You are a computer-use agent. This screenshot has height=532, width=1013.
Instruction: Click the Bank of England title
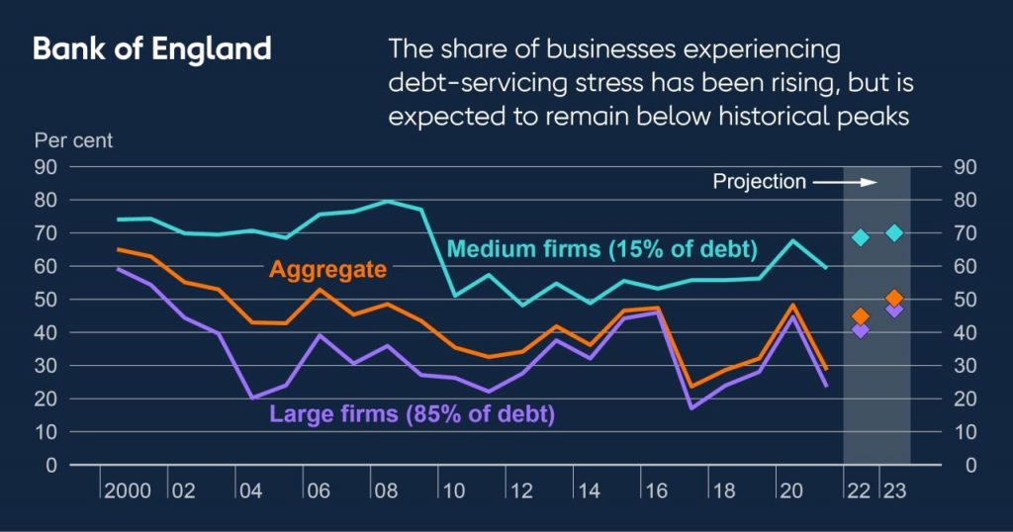[152, 49]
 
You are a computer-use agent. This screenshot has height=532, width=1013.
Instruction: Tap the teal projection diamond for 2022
[861, 237]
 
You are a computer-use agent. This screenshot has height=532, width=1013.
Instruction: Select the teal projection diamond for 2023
[893, 232]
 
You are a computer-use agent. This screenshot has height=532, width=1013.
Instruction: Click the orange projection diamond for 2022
[861, 316]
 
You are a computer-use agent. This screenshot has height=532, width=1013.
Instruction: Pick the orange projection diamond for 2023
[893, 298]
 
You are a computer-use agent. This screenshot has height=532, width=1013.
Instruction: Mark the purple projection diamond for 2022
[861, 329]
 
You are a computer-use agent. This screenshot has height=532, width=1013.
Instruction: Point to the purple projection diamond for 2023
[893, 310]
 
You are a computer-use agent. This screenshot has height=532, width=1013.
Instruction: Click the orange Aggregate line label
[328, 268]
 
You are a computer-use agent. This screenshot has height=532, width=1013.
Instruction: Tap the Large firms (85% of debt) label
[412, 413]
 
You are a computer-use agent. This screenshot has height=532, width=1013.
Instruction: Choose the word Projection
[760, 182]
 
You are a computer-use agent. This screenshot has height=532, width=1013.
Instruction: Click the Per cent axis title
[73, 140]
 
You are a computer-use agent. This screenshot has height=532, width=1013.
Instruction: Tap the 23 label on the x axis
[893, 489]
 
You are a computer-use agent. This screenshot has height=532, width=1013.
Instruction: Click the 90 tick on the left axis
[46, 166]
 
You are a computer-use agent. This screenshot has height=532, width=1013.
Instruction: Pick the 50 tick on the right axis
[965, 300]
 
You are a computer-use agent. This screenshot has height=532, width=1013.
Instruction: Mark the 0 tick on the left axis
[50, 465]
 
